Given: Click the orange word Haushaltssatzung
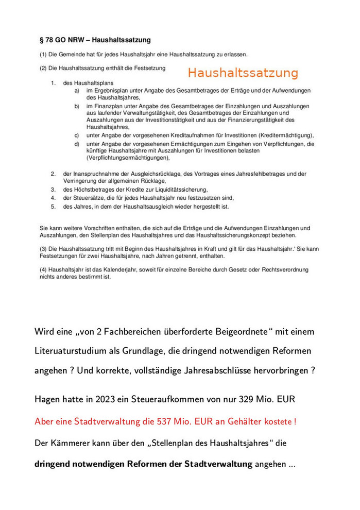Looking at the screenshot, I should click(x=243, y=73).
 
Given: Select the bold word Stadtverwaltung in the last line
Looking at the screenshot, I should click(x=218, y=464).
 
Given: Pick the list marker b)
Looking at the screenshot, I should click(x=76, y=106).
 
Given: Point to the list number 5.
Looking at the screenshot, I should click(x=53, y=207).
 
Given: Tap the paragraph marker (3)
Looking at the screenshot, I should click(x=43, y=249).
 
